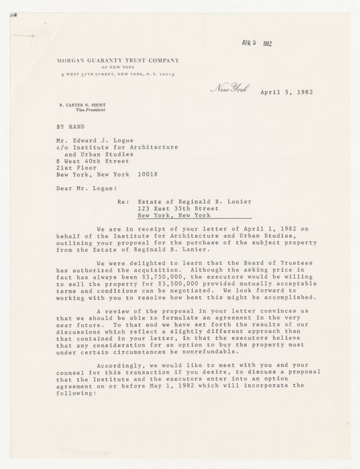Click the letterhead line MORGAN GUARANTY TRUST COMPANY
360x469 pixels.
pyautogui.click(x=120, y=62)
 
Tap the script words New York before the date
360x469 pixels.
pyautogui.click(x=229, y=90)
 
